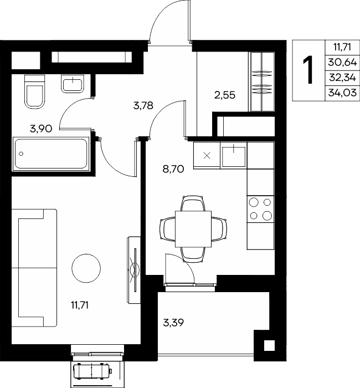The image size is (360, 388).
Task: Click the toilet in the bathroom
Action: point(35,91)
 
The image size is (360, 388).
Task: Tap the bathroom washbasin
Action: point(73,84)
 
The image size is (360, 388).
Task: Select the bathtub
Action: point(51,154)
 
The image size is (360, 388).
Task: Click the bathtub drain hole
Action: point(21,154)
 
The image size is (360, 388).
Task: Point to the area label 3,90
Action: point(41,129)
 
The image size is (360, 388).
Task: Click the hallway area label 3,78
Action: point(143,106)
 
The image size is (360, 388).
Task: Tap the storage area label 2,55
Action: point(224,95)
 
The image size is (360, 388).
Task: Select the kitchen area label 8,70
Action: point(173,169)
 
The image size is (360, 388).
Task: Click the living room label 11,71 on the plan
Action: point(80,305)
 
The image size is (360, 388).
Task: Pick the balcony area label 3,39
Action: point(173,323)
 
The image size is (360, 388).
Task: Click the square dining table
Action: point(193,229)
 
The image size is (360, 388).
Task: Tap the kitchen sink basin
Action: point(234,156)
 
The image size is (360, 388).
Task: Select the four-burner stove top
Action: point(261,209)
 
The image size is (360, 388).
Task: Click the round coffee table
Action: point(86,268)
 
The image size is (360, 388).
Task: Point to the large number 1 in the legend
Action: point(308,70)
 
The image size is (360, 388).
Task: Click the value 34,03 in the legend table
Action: point(342,93)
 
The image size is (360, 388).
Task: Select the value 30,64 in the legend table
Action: point(342,62)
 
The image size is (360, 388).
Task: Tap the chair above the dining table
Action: point(193,203)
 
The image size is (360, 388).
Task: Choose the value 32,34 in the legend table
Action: point(342,78)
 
